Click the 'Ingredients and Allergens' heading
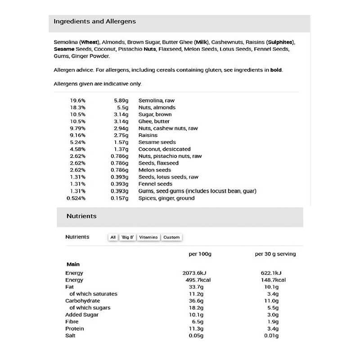[94, 21]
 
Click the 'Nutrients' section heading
[81, 216]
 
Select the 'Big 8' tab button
[128, 237]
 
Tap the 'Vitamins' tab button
[148, 237]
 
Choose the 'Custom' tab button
[171, 237]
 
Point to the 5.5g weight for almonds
[122, 108]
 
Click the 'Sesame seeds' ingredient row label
[157, 142]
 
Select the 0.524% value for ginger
[76, 198]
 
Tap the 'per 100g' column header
[200, 254]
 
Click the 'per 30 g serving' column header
[275, 254]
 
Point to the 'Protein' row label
[75, 328]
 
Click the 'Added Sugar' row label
[82, 315]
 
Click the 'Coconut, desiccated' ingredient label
[165, 149]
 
